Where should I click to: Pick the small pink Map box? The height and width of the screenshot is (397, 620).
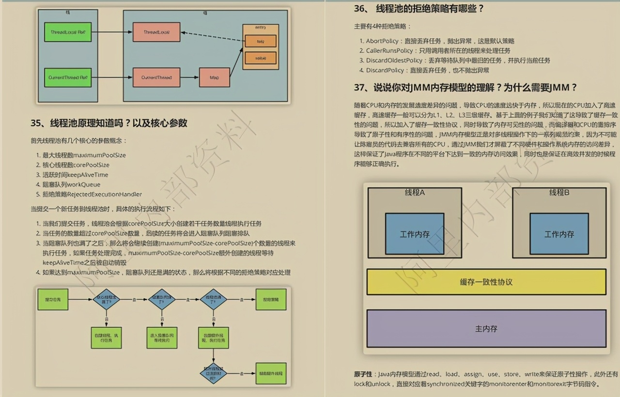pos(214,77)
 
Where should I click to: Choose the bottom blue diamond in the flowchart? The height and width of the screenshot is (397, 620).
pos(214,373)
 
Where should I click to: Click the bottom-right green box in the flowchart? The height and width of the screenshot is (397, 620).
pos(270,373)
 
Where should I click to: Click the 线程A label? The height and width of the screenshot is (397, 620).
pos(415,193)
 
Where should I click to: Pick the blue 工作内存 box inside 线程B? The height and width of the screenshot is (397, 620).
pos(559,234)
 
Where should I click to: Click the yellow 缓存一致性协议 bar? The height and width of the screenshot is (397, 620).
pos(486,282)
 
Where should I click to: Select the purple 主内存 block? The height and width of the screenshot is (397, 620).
pos(486,329)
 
